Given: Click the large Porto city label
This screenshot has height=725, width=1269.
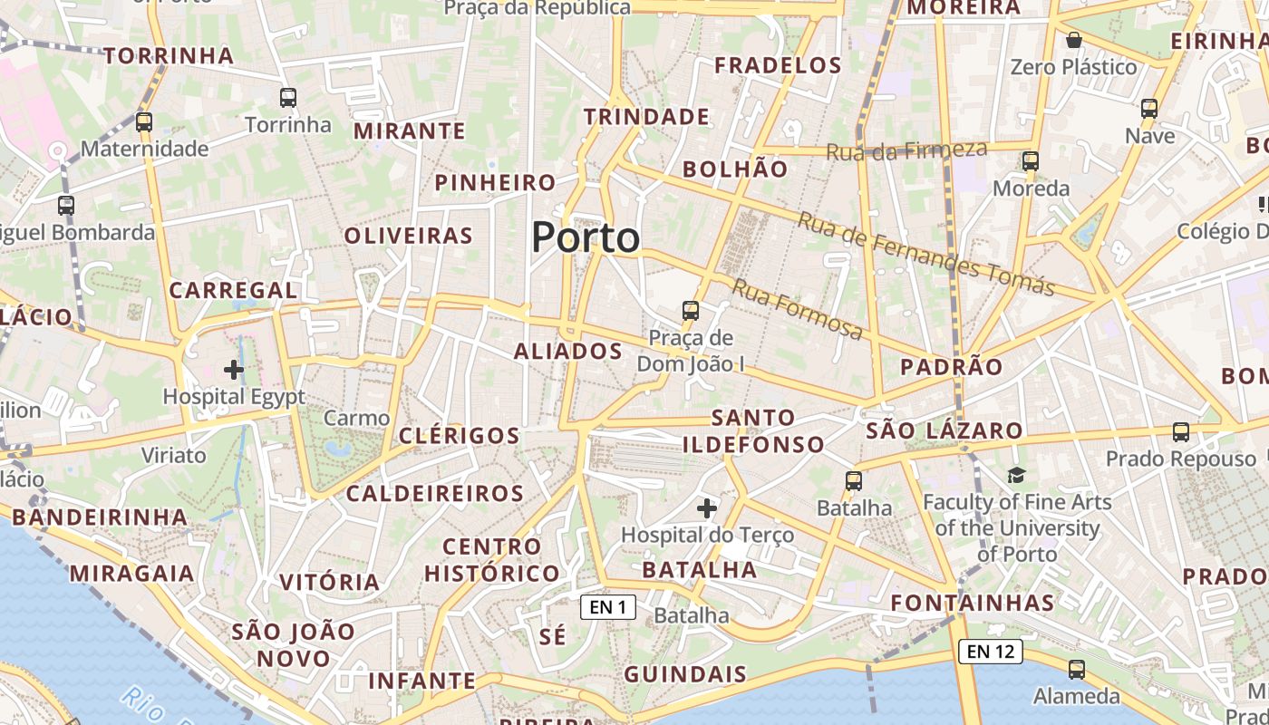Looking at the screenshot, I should click(x=586, y=237).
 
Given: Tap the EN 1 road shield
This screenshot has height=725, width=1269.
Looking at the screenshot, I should click(x=607, y=607).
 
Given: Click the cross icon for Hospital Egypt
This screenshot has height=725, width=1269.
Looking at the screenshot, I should click(x=234, y=369).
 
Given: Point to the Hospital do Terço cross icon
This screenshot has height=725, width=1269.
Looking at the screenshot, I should click(x=707, y=508).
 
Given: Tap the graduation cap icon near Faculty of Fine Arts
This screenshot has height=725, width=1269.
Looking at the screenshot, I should click(x=1016, y=475).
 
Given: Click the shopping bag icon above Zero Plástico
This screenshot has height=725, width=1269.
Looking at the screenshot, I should click(x=1074, y=40).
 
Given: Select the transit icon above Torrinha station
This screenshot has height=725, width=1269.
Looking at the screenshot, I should click(x=288, y=97).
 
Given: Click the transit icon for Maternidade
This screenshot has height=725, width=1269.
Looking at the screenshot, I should click(x=144, y=121).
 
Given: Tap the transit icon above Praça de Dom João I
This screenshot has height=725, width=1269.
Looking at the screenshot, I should click(x=691, y=311).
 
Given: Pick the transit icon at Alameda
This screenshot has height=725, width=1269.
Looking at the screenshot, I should click(x=1077, y=670).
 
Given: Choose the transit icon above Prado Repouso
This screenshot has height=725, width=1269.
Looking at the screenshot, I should click(x=1180, y=432).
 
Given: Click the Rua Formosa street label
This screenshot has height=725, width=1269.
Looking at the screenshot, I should click(x=798, y=310).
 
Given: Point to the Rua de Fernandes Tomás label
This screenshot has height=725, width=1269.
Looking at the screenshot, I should click(x=926, y=254).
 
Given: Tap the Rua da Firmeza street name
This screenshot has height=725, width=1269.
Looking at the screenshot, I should click(x=906, y=150).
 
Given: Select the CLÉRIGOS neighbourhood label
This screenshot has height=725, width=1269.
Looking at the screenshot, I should click(x=460, y=436).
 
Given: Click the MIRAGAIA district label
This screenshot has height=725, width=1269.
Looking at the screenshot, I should click(x=132, y=574).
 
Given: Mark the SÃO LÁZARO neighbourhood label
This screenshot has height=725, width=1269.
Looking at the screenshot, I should click(x=944, y=430).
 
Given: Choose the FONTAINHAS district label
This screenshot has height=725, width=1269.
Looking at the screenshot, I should click(x=973, y=603).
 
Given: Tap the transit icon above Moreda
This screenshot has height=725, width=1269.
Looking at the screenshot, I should click(x=1031, y=161).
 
